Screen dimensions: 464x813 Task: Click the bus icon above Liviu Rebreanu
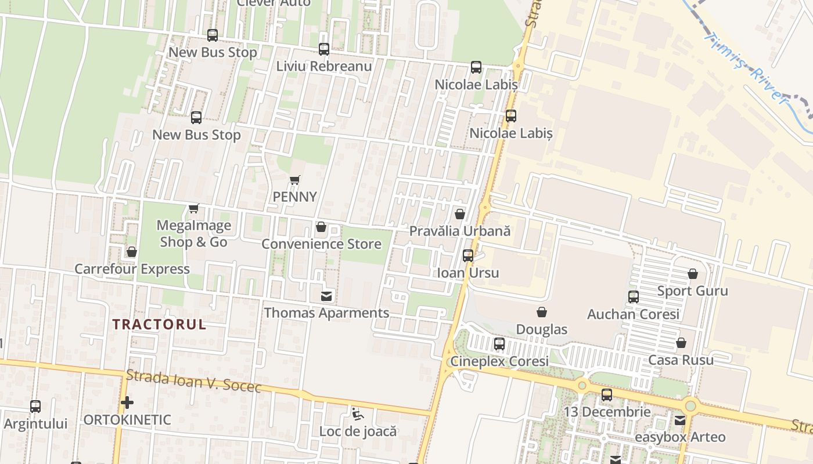[x=323, y=49]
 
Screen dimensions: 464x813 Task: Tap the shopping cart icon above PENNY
[x=295, y=180]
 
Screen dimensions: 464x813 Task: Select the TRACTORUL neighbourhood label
[x=159, y=324]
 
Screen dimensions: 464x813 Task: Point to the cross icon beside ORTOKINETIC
[x=127, y=402]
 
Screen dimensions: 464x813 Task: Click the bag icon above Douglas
[x=542, y=313]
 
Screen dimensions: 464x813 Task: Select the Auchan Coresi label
[x=633, y=314]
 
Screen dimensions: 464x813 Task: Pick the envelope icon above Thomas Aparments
[x=326, y=296]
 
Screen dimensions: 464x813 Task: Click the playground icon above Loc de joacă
[x=358, y=414]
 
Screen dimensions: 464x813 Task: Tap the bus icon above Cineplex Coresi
[x=499, y=344]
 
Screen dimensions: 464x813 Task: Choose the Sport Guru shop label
[x=692, y=291]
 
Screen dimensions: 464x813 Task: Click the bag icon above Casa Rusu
[x=681, y=343]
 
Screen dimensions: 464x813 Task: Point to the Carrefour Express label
[x=132, y=269]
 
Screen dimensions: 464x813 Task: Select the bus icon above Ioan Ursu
[x=468, y=256]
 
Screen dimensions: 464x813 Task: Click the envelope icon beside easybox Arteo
[x=679, y=420]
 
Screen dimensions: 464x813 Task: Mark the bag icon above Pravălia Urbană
[x=460, y=215]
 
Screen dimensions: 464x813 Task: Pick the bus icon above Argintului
[x=35, y=407]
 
